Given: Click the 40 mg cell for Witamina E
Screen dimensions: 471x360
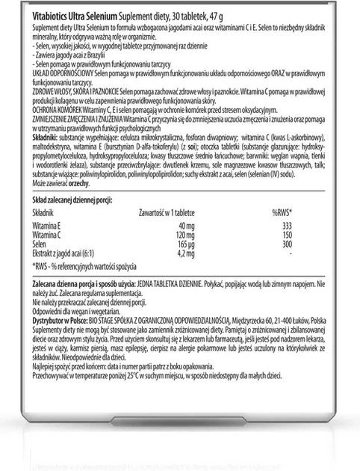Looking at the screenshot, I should (x=177, y=227).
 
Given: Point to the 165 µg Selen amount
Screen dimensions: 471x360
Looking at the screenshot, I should (x=177, y=244).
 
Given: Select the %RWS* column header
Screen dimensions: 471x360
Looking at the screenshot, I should (x=283, y=213).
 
